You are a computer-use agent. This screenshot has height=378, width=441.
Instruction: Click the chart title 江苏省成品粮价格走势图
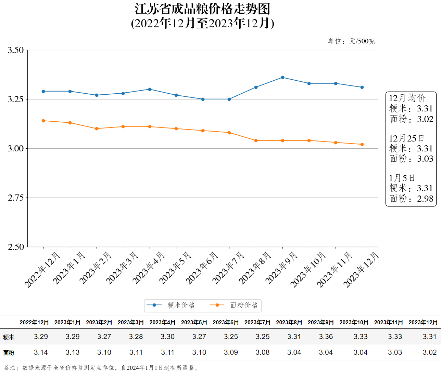coord(202,9)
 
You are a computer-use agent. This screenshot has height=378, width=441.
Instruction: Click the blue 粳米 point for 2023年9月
coord(282,78)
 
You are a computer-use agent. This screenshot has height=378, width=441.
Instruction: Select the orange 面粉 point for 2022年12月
coord(43,121)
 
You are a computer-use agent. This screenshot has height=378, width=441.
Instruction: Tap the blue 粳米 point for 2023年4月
coord(150,89)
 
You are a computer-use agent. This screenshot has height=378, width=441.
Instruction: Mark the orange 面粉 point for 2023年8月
coord(256,140)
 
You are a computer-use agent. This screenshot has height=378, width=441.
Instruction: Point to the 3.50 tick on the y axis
coord(16,50)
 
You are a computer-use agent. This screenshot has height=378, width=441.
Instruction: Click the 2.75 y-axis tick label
coord(16,198)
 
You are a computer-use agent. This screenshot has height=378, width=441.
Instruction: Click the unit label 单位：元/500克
coord(352,41)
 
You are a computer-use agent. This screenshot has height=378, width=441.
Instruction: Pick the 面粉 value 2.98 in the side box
coord(425,199)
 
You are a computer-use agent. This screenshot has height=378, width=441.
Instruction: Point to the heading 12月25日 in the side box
coord(406,138)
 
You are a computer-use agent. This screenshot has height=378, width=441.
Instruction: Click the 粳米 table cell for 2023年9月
coord(326,337)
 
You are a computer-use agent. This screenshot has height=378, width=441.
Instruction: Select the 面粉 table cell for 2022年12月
coord(41,352)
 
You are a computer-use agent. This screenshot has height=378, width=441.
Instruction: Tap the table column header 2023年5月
coord(194,322)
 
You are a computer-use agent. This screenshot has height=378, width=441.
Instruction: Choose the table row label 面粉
coord(9,353)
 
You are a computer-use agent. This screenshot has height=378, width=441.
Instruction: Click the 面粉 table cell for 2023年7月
coord(262,352)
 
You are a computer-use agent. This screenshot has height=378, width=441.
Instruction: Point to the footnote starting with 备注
coord(101,368)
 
